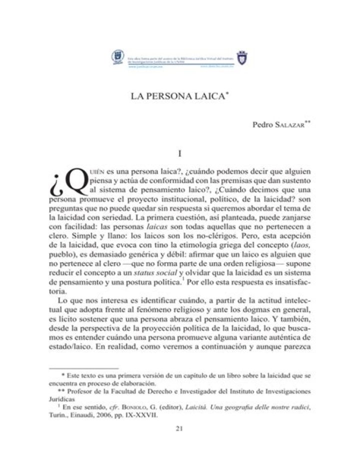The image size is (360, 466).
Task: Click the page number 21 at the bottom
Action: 179,428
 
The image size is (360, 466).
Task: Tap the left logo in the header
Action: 118,59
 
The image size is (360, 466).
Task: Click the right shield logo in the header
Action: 244,59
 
